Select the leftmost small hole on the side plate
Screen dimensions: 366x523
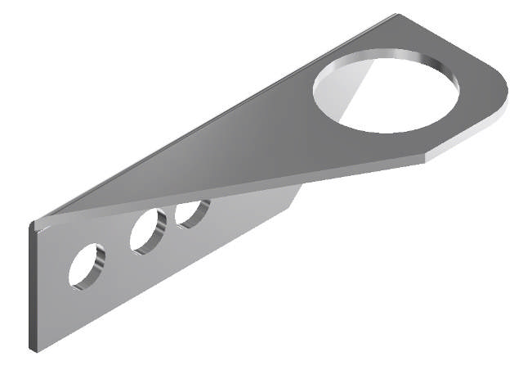87,265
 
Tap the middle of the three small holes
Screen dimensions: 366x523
148,231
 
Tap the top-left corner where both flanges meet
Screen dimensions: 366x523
34,223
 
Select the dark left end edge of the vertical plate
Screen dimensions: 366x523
32,287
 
